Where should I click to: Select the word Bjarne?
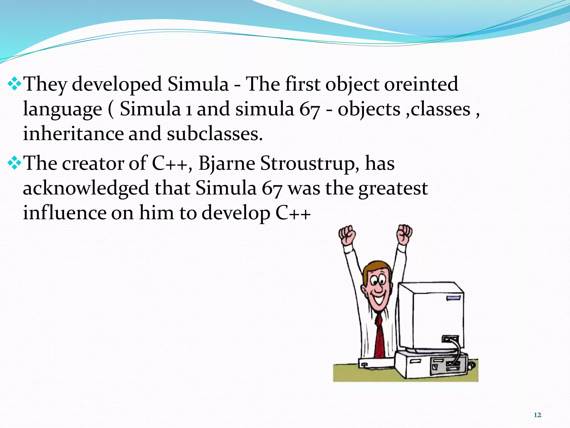(x=227, y=164)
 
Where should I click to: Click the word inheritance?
(x=73, y=134)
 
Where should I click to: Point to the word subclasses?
(x=214, y=134)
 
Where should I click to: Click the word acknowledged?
(x=86, y=188)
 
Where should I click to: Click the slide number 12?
(x=537, y=415)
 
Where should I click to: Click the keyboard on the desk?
(x=376, y=364)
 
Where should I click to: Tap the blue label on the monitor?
(x=453, y=298)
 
